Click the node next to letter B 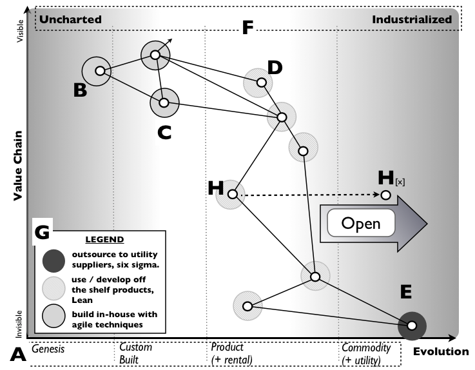click(98, 72)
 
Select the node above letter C click(164, 102)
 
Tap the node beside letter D click(261, 83)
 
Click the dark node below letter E click(412, 326)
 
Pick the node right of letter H click(232, 193)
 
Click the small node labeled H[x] click(385, 195)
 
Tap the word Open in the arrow click(360, 224)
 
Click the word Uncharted click(71, 19)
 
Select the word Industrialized click(412, 19)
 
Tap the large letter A click(19, 353)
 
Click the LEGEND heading click(104, 239)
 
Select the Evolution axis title click(441, 351)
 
